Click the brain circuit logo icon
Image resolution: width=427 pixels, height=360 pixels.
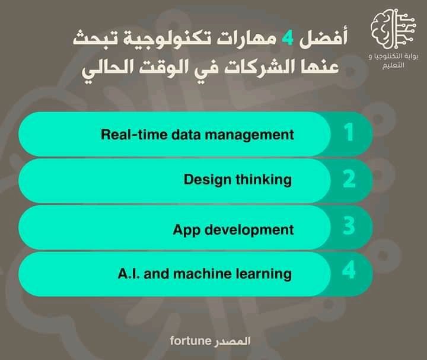[393, 29]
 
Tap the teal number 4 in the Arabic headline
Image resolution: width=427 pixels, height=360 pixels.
[288, 38]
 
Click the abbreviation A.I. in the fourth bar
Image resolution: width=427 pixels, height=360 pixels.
[129, 273]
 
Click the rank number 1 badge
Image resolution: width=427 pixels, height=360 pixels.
[349, 132]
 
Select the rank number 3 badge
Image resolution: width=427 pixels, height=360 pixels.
[349, 225]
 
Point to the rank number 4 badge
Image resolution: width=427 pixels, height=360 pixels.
[349, 270]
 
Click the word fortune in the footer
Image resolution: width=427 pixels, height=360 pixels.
[190, 341]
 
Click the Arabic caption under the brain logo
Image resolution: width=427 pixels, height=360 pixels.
[393, 60]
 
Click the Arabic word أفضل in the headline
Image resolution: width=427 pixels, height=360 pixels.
[324, 37]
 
